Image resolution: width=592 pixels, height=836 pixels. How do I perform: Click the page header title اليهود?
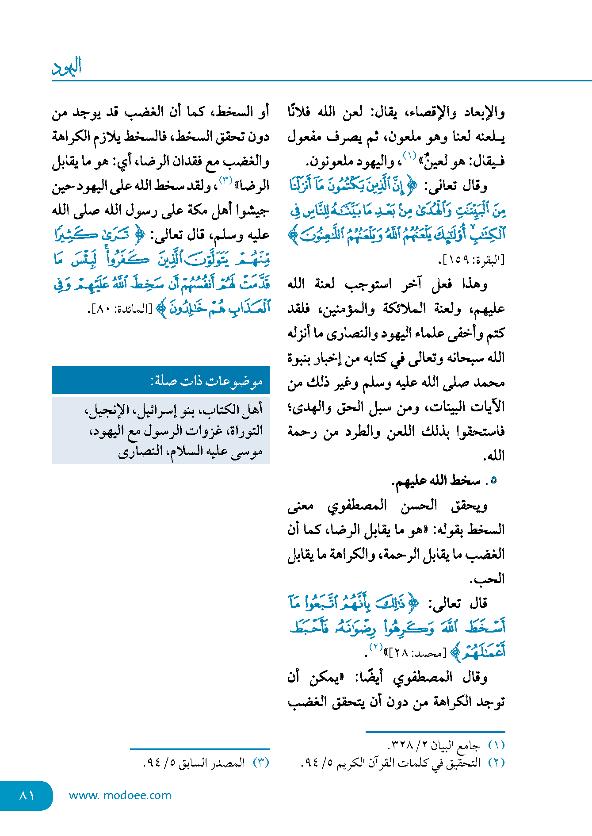[x=67, y=66]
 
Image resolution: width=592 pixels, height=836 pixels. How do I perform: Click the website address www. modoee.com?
[x=120, y=795]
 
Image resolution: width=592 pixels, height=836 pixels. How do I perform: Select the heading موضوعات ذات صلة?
[x=206, y=380]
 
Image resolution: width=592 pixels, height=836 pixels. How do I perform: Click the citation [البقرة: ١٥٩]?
[x=471, y=260]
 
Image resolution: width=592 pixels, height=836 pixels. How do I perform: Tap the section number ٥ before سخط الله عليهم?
[x=493, y=480]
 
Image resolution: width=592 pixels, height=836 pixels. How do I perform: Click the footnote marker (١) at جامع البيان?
[x=496, y=746]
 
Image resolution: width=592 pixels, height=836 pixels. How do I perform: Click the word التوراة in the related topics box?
[x=248, y=430]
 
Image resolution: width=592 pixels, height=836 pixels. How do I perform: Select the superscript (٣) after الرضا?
[x=226, y=180]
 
